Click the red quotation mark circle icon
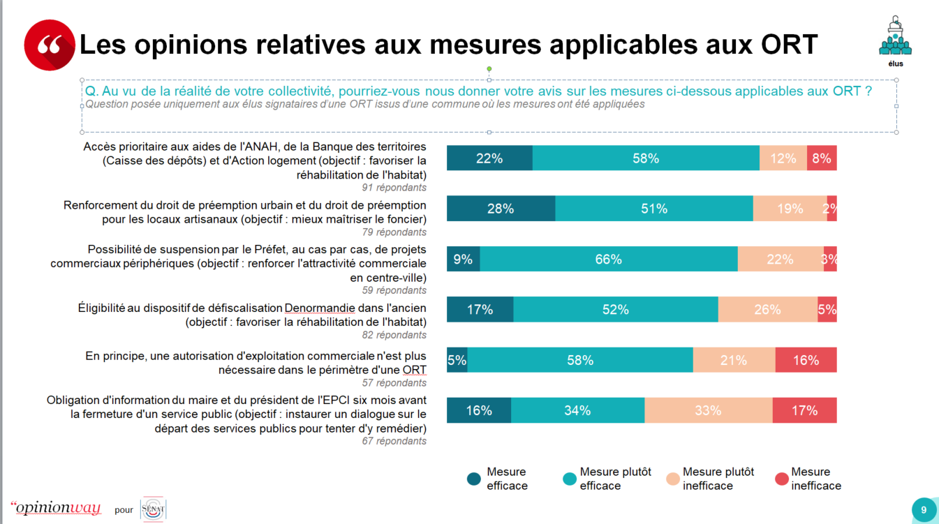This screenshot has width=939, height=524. pos(49,45)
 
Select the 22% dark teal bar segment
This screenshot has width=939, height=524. pos(489,158)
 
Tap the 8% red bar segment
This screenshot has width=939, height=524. pos(822,158)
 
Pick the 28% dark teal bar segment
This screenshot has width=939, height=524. pos(501,209)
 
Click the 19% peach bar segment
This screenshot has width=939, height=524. pos(790,209)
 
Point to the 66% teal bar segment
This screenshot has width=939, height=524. pos(608,259)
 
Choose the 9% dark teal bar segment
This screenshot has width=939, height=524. pos(463,259)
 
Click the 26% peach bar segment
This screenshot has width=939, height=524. pos(767,309)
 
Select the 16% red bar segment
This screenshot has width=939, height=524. pos(806,360)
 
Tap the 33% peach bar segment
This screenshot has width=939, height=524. pos(708,410)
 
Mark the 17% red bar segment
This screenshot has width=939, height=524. pos(804,410)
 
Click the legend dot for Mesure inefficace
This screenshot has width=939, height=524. pos(782,479)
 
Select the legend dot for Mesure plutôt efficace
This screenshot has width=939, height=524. pos(570,479)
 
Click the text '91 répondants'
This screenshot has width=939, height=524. pos(394,188)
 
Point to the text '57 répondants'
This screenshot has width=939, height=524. pos(394,382)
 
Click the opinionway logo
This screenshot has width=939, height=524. pos(56,508)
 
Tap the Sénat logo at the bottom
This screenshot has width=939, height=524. pos(153,509)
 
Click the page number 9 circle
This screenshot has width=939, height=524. pos(924,509)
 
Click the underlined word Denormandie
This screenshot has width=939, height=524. pos(320,308)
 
